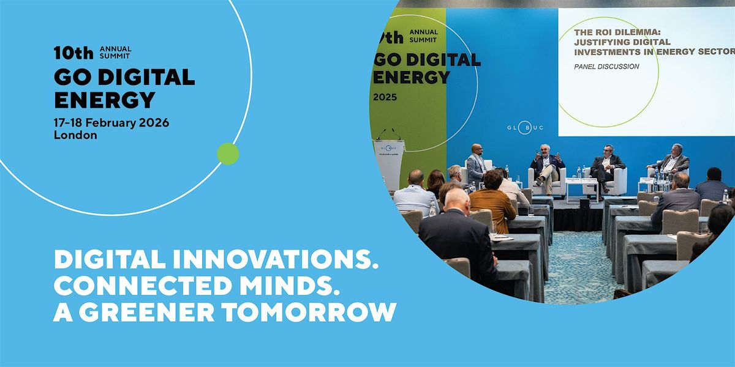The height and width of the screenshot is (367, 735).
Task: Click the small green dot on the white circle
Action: point(228,154)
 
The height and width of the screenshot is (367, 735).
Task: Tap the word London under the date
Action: point(75,135)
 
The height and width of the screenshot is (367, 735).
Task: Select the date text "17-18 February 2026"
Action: point(111,122)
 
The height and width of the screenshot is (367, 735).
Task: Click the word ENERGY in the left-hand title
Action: point(105,99)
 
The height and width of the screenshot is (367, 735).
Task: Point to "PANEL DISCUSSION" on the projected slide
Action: point(606,66)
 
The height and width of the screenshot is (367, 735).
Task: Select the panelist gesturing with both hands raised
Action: point(546,165)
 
